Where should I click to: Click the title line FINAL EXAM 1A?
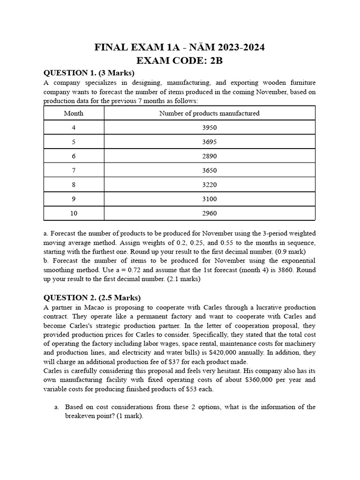180,47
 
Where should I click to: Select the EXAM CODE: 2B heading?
180,60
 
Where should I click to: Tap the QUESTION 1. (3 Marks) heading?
89,73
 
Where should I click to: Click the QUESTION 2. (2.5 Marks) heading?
92,298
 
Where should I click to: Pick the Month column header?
74,113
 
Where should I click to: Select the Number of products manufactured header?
209,113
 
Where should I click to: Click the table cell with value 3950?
209,127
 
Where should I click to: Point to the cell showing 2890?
209,156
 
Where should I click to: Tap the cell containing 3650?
209,170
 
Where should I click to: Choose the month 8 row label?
74,185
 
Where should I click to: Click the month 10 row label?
74,213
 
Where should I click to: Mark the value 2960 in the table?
209,213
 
